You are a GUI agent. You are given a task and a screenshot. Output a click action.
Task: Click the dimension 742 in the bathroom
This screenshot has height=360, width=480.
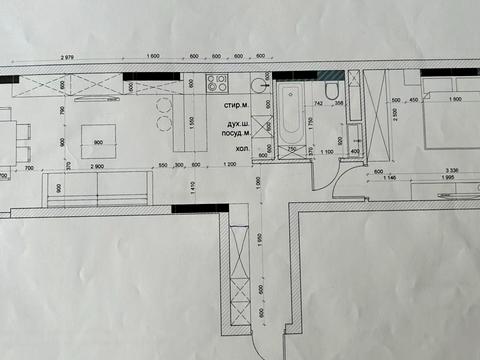(x=318, y=102)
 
